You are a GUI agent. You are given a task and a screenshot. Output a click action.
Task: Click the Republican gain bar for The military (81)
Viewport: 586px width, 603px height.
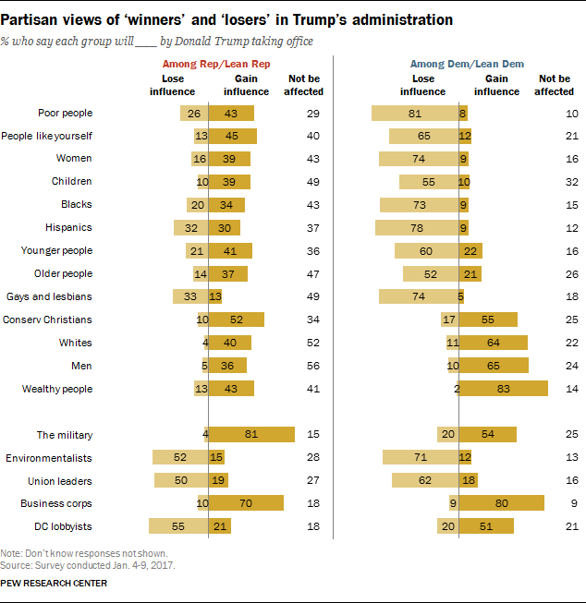251,434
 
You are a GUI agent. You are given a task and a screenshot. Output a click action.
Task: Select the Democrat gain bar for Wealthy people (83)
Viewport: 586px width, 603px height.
504,389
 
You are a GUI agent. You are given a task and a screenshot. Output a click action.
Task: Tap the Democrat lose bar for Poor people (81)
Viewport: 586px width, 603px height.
415,113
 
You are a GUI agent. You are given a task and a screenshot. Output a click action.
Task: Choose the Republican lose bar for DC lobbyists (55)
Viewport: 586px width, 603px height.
179,526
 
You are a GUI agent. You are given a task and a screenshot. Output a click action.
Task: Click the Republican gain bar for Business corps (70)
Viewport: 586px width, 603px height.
246,503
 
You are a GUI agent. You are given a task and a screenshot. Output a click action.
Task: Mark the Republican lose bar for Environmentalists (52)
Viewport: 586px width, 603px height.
181,457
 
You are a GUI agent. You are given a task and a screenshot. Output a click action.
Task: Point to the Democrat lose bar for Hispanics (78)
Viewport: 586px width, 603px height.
417,227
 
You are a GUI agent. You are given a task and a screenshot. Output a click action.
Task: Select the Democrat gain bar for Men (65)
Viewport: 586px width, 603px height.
494,366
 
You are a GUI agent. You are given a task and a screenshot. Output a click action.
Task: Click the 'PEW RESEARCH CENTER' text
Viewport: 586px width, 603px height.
55,583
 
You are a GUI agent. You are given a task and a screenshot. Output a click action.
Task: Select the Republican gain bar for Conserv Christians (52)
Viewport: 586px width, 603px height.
237,320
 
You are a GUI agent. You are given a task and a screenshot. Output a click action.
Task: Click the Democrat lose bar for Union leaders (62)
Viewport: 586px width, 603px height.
425,480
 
